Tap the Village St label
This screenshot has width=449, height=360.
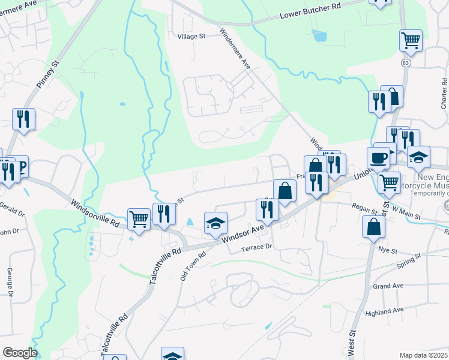pyautogui.click(x=191, y=36)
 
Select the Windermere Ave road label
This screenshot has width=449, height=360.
pyautogui.click(x=235, y=48)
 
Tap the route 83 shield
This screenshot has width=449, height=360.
pyautogui.click(x=407, y=62)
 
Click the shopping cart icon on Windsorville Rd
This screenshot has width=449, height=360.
pyautogui.click(x=139, y=218)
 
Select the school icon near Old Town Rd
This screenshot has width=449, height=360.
pyautogui.click(x=216, y=223)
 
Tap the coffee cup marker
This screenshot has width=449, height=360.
pyautogui.click(x=378, y=158)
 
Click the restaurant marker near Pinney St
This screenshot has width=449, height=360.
pyautogui.click(x=23, y=118)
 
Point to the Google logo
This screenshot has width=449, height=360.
pyautogui.click(x=20, y=353)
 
